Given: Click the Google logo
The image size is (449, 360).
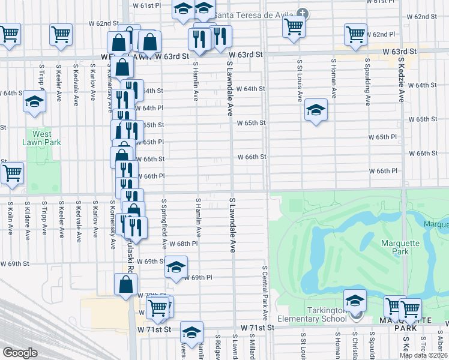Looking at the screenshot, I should (20, 353).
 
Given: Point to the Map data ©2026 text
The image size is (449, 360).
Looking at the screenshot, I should (423, 355).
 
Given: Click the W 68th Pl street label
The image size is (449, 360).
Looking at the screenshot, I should (182, 244).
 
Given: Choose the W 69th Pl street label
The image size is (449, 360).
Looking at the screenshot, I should (198, 278).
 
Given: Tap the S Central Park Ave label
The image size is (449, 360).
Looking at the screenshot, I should (264, 293).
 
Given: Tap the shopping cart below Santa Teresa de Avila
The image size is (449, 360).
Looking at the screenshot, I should (294, 26).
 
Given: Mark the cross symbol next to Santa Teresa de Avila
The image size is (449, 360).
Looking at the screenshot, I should (303, 13).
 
